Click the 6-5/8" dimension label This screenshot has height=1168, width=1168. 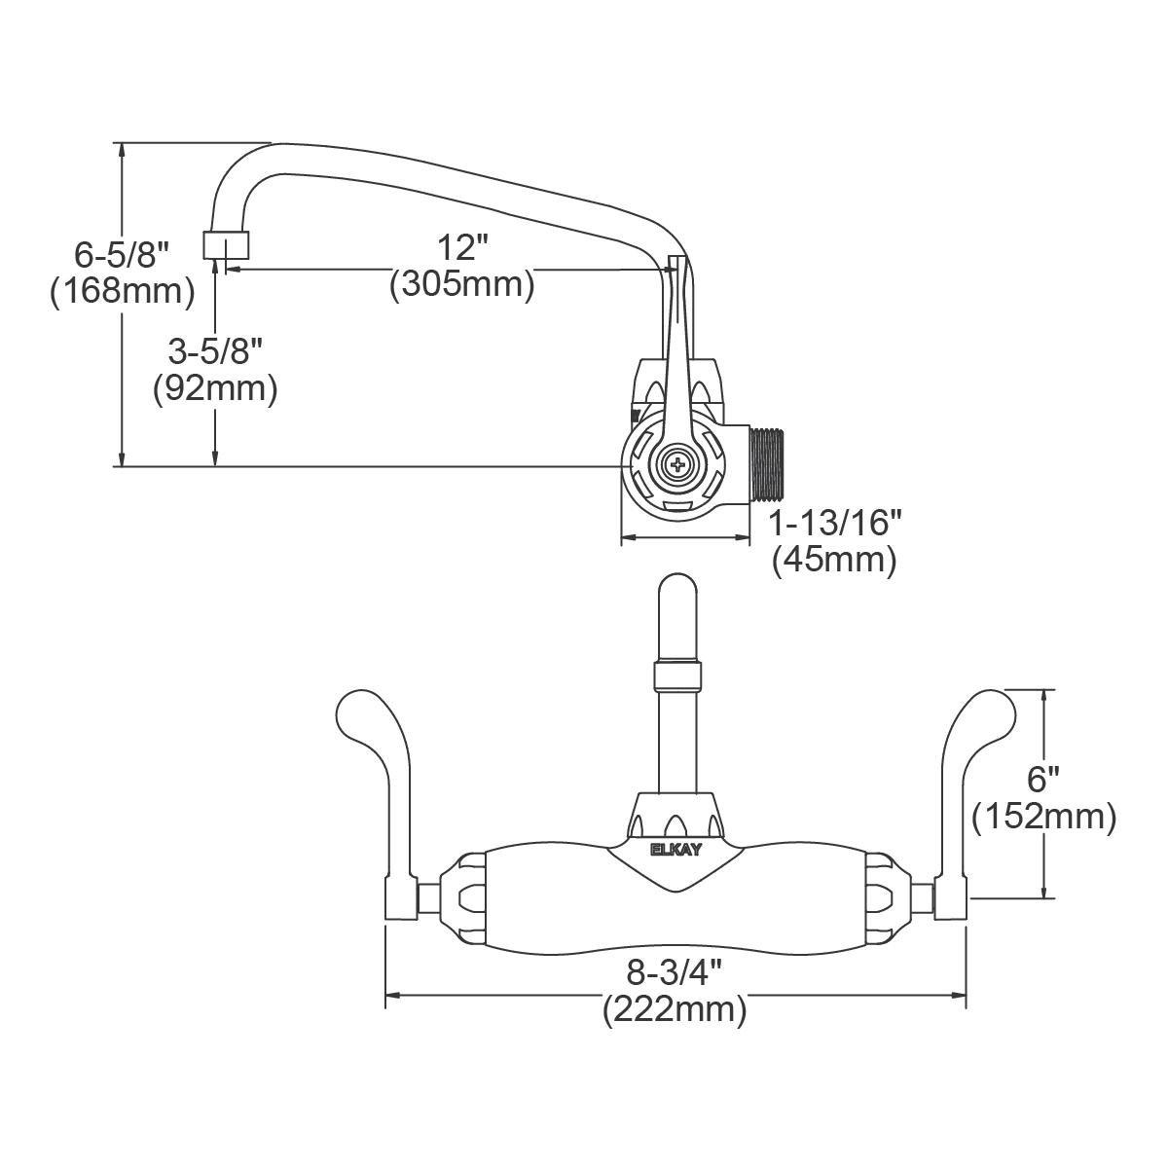point(123,255)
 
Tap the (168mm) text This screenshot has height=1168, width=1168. point(123,293)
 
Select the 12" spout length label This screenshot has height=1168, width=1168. point(463,247)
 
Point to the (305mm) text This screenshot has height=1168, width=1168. point(462,283)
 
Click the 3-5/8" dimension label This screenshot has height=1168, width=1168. point(215,351)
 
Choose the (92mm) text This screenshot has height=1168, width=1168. point(215,388)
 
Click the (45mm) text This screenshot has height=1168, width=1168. point(834,560)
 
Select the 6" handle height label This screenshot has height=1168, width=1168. point(1043,780)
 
